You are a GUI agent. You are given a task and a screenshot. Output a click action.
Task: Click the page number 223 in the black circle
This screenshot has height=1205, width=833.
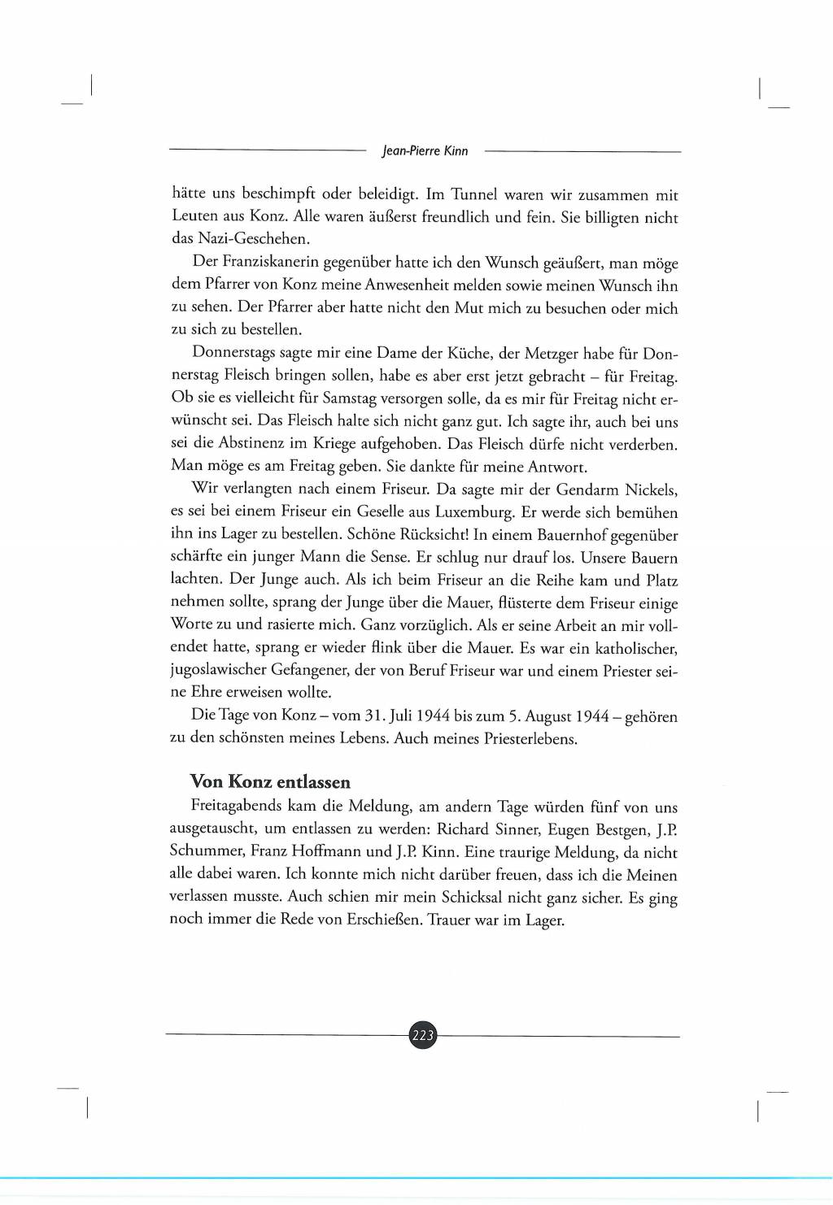pyautogui.click(x=423, y=1035)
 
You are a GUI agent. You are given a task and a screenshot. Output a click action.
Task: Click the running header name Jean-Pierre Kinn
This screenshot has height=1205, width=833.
pyautogui.click(x=425, y=150)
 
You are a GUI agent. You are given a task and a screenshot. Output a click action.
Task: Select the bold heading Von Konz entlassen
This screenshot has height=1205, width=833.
pyautogui.click(x=270, y=781)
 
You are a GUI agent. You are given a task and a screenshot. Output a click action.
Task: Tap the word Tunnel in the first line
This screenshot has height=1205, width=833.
pyautogui.click(x=473, y=194)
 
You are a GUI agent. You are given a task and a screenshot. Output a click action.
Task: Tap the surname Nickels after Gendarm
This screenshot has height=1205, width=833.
pyautogui.click(x=651, y=489)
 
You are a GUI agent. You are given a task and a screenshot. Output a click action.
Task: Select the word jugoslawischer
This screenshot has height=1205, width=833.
pyautogui.click(x=217, y=671)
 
